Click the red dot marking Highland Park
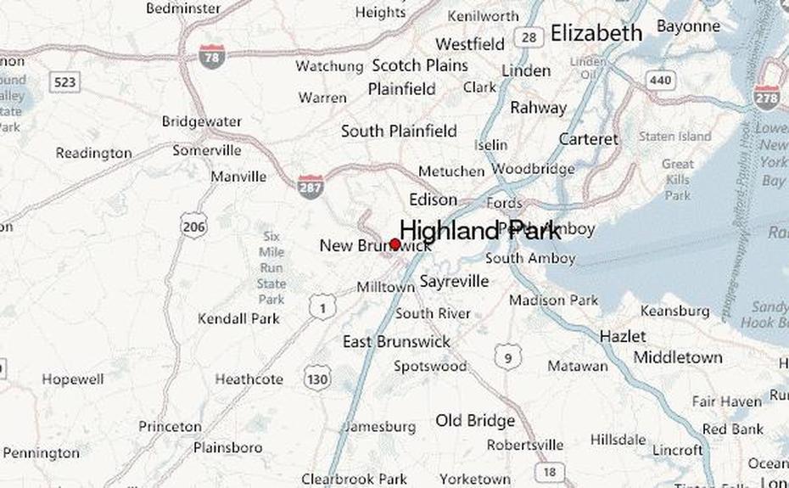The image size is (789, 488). point(394,244)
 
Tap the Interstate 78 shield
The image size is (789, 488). point(212,56)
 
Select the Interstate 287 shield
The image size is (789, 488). point(311,186)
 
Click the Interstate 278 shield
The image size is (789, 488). point(767,98)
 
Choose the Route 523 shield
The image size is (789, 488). point(64,82)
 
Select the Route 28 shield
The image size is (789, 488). point(529,37)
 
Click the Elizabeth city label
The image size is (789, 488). point(596,33)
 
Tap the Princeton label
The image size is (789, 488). point(170,426)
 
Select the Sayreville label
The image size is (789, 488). point(454,281)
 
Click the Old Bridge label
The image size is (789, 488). point(475,420)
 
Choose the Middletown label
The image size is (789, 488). point(678,357)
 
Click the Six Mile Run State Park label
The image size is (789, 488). point(271,267)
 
